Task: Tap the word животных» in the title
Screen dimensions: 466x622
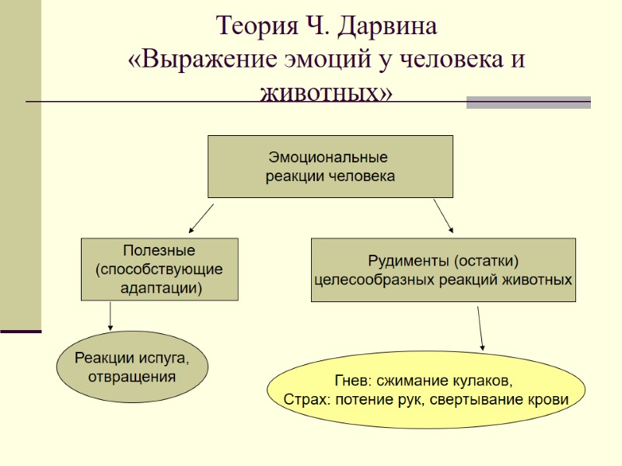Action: [327, 92]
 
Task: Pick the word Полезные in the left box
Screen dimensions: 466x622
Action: [159, 251]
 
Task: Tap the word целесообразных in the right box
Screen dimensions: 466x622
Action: [364, 279]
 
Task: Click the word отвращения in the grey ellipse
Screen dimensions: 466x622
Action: [131, 377]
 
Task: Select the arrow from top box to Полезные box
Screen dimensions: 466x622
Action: [201, 218]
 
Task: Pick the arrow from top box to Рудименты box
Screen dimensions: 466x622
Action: [442, 215]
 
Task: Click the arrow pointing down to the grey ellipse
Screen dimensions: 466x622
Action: [110, 315]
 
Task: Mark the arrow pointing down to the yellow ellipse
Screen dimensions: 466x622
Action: [480, 328]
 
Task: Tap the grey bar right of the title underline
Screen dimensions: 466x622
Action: [528, 102]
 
